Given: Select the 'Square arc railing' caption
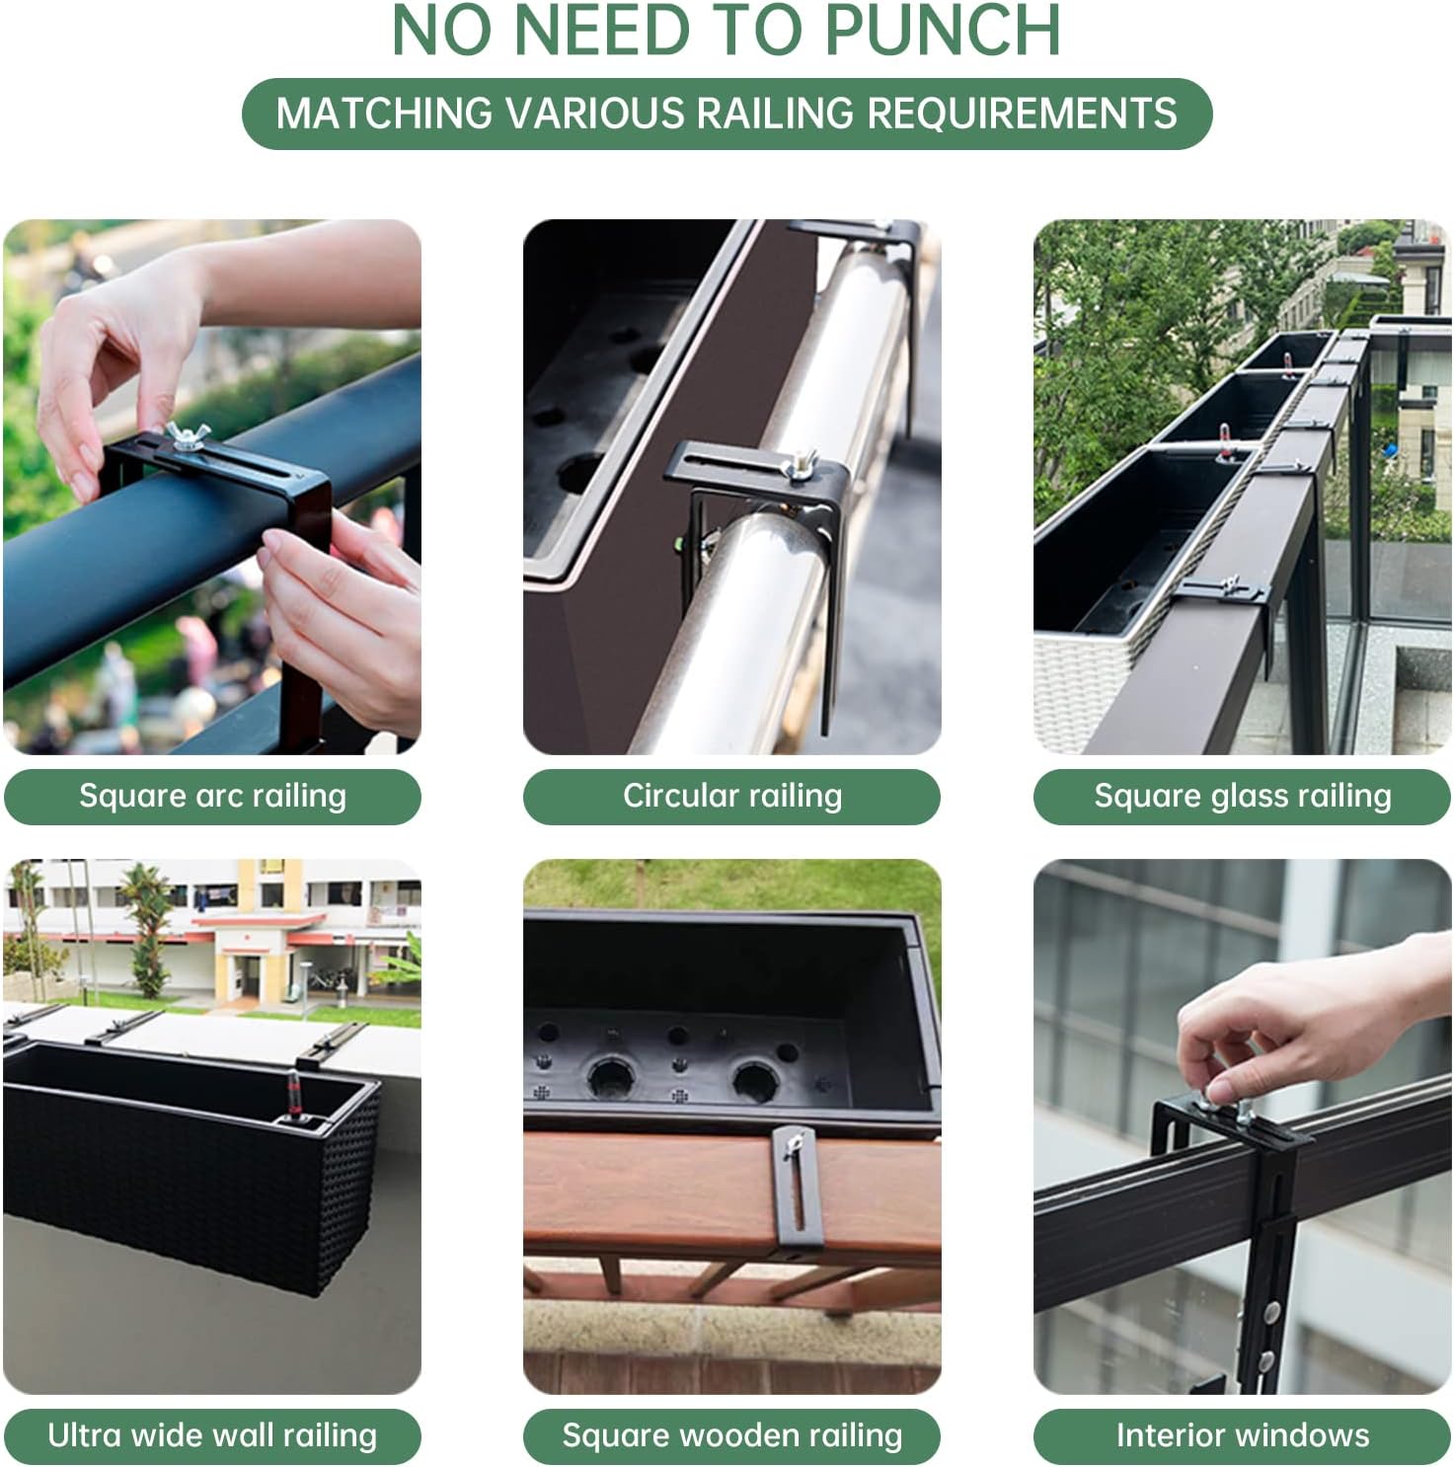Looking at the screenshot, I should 212,796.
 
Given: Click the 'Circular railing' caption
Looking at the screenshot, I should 731,796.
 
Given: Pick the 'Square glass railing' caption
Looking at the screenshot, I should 1242,796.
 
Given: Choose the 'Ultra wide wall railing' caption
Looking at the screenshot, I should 212,1434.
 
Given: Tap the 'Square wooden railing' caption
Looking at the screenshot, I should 731,1434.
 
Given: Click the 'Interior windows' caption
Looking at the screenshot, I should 1242,1434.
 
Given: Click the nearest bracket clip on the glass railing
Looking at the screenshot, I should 1224,590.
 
